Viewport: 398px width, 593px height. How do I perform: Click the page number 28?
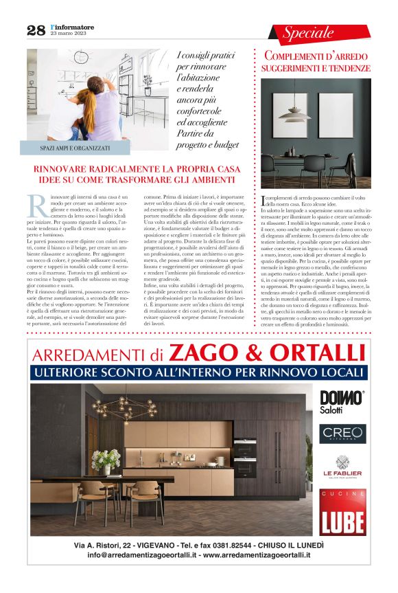[36, 30]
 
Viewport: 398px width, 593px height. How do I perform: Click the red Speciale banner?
[309, 32]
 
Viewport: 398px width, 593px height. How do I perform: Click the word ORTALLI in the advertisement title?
[315, 353]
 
